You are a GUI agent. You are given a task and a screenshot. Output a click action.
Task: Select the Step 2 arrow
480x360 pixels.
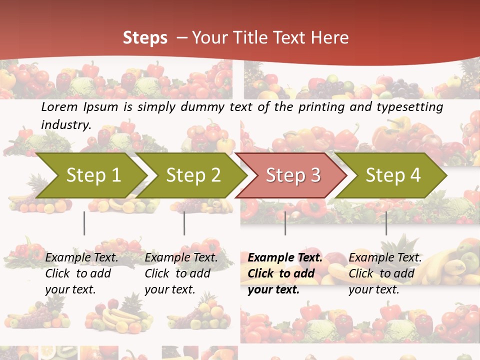click(193, 175)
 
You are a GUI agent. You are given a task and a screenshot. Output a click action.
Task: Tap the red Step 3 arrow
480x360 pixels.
click(293, 175)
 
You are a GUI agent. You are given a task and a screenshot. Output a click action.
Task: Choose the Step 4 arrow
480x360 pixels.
click(393, 175)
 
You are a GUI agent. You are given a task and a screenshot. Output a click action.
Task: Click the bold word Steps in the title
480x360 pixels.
click(145, 38)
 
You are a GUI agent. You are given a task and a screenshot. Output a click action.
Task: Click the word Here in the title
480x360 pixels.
click(330, 38)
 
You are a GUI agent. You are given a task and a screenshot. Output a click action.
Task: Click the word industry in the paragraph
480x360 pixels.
click(65, 124)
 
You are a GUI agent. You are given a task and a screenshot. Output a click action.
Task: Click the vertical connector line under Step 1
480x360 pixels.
click(84, 223)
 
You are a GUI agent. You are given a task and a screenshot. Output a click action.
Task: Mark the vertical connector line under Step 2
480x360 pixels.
click(184, 223)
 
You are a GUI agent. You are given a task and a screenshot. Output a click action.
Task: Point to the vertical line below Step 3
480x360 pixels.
click(285, 223)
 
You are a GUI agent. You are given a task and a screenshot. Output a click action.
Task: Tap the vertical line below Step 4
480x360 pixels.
click(386, 223)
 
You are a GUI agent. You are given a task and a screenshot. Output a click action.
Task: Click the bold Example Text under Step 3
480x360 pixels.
click(285, 258)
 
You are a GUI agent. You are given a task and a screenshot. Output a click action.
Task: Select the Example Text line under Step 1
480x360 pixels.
click(81, 258)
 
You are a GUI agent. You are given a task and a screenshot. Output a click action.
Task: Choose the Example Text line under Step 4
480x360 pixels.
click(385, 258)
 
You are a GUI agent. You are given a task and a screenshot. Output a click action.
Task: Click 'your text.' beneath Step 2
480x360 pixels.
click(169, 289)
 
